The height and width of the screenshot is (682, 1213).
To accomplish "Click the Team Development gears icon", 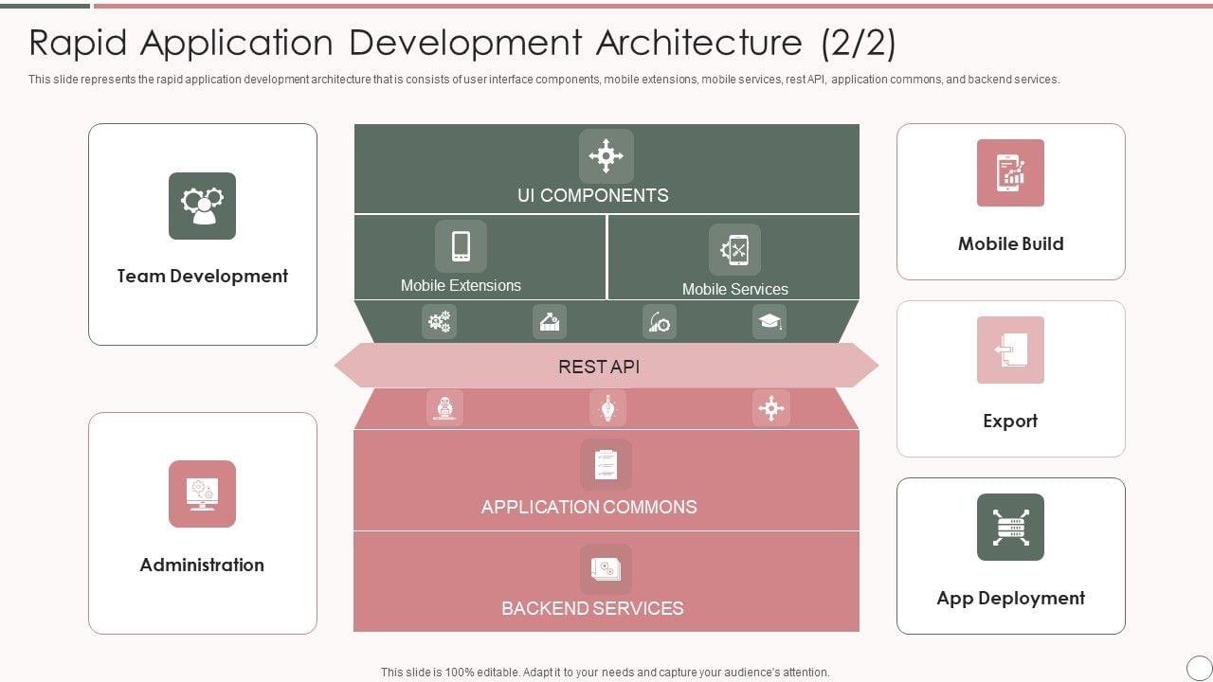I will click(x=202, y=206).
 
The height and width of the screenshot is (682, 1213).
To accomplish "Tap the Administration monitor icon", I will click(x=202, y=494).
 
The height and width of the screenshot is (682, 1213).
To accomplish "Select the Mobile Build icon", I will click(x=1010, y=172).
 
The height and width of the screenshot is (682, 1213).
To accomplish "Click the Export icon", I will click(x=1010, y=350).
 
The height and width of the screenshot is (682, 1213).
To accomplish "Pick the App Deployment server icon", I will click(x=1010, y=527).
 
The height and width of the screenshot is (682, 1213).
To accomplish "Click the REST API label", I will click(x=599, y=367).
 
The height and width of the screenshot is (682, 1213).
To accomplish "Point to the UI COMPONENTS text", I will click(x=592, y=195).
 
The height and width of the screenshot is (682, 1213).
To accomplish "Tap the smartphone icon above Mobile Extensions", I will click(x=461, y=246).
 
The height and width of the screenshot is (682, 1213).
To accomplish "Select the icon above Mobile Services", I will click(x=734, y=249).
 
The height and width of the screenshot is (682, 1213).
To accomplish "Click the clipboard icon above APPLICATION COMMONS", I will click(x=606, y=464).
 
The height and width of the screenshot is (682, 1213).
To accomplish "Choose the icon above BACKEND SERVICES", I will click(x=606, y=568).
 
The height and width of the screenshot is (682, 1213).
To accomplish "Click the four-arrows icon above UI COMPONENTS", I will click(x=606, y=155).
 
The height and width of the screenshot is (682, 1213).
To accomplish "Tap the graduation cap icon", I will click(x=769, y=322).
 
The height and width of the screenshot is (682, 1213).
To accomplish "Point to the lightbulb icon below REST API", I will click(x=607, y=408).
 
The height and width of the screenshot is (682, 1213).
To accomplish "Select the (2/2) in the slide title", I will click(x=858, y=43).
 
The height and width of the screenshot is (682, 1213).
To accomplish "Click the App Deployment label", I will click(x=1010, y=598).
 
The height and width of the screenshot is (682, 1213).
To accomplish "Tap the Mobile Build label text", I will click(x=1010, y=243).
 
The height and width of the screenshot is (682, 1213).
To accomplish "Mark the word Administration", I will click(x=202, y=565).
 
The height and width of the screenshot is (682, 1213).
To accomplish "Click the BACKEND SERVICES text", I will click(x=592, y=608).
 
